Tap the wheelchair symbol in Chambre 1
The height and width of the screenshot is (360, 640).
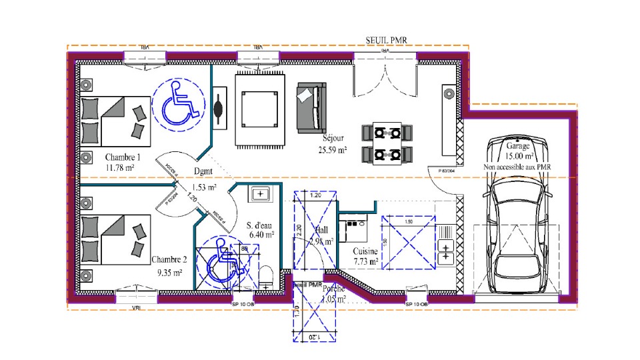[x=177, y=105]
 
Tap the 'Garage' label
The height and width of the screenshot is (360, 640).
[x=518, y=145]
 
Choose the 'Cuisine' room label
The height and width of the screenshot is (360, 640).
[x=366, y=251]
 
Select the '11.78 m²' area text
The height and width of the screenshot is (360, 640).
[x=120, y=168]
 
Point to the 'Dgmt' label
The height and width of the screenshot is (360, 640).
[x=205, y=171]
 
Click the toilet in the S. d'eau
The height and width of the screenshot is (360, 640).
[x=267, y=276]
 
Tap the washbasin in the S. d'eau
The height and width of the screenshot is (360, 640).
[x=259, y=194]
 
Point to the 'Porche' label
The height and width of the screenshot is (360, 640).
[x=334, y=289]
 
